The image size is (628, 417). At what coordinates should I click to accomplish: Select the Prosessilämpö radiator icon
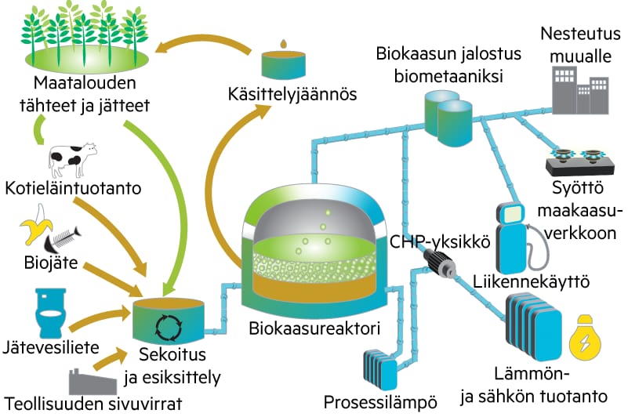click(x=383, y=368)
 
